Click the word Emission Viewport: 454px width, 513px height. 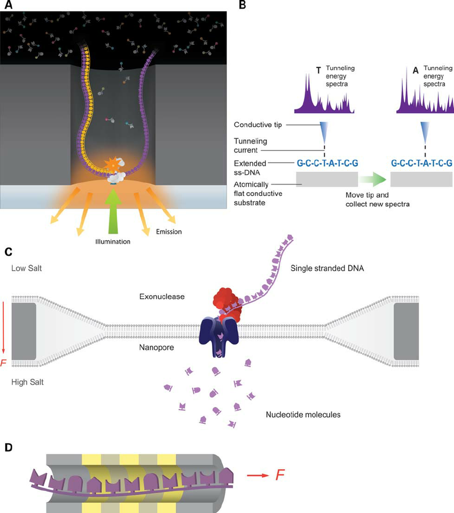(168, 231)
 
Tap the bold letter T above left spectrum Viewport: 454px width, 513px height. (319, 70)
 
